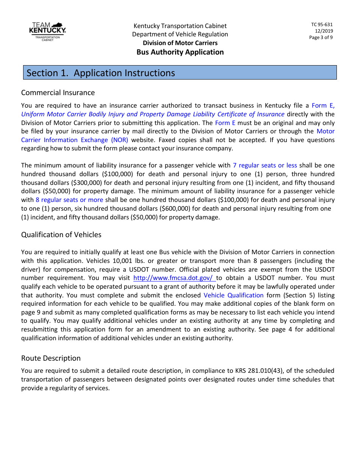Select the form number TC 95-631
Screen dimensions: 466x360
[322, 25]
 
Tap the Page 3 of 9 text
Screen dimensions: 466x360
[321, 38]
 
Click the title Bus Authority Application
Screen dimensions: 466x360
[180, 52]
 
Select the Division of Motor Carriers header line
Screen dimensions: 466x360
[180, 43]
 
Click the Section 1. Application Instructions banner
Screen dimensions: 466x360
[180, 73]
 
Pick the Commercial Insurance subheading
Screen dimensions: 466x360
[58, 93]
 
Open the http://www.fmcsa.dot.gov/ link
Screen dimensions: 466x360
[174, 278]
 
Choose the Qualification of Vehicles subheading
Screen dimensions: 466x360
[61, 235]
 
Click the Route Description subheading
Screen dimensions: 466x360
[51, 358]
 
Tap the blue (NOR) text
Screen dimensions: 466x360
[119, 140]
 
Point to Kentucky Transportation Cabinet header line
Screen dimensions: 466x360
[180, 26]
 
